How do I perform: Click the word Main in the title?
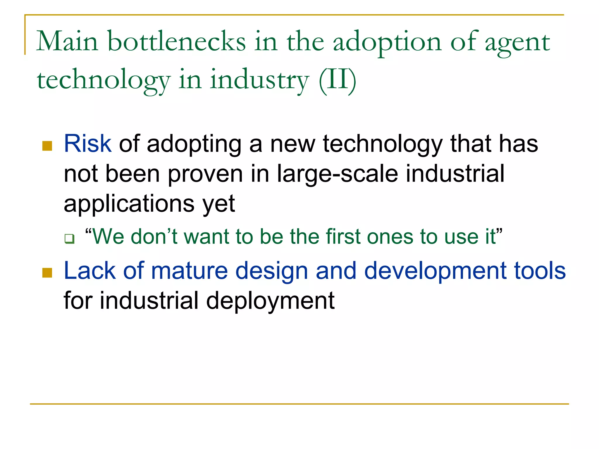[67, 42]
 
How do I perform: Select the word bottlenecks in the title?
[177, 42]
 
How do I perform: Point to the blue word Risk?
[87, 144]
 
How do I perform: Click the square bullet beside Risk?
[47, 146]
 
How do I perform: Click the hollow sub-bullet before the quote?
[70, 239]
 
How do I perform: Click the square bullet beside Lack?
[47, 273]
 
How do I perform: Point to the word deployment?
[270, 301]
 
